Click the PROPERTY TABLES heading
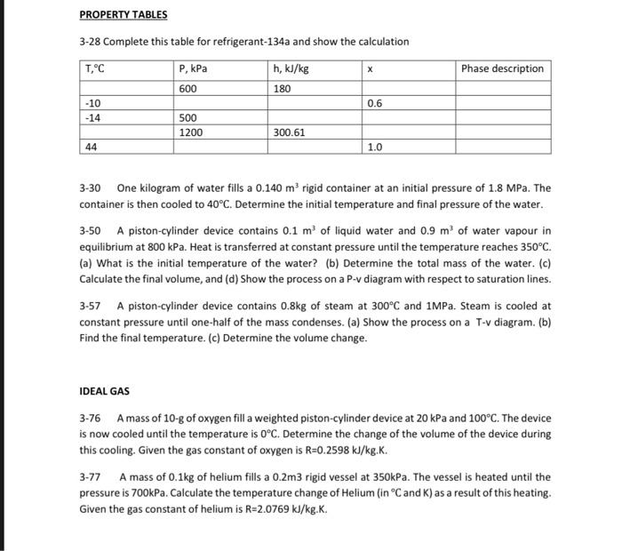click(123, 15)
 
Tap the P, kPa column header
click(194, 68)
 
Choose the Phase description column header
click(502, 68)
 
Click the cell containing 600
click(187, 88)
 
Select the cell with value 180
click(282, 88)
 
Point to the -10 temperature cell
click(92, 103)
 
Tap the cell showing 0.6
click(374, 103)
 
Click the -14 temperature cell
click(92, 117)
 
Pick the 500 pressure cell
click(187, 117)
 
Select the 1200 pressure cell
click(190, 132)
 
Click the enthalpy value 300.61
click(290, 132)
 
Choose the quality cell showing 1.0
click(374, 148)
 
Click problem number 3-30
click(91, 188)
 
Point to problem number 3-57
click(91, 305)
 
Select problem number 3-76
click(91, 418)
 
